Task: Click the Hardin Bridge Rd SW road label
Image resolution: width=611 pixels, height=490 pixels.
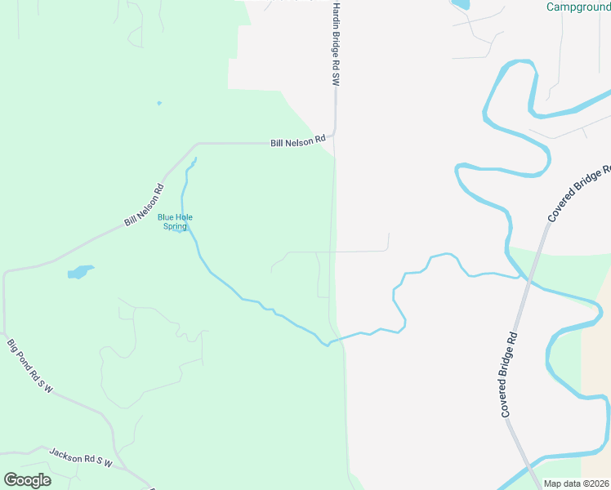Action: pos(335,43)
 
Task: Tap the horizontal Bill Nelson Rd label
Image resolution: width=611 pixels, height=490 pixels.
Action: pos(298,143)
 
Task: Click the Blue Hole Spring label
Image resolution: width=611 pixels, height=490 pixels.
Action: pos(176,221)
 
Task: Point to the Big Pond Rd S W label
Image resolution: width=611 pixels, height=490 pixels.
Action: pos(30,367)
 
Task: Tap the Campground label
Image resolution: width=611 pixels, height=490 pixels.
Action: pos(578,7)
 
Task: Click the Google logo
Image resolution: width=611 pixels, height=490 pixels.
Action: pos(27,480)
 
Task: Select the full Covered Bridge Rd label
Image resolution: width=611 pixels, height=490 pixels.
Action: pos(510,375)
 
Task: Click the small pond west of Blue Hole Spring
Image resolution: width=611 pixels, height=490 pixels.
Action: pos(80,271)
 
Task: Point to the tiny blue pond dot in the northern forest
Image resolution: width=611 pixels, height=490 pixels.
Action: pos(158,103)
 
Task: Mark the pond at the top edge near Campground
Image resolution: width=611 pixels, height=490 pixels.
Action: pos(460,4)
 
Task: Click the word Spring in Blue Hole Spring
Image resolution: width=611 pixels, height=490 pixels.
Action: pos(176,226)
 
